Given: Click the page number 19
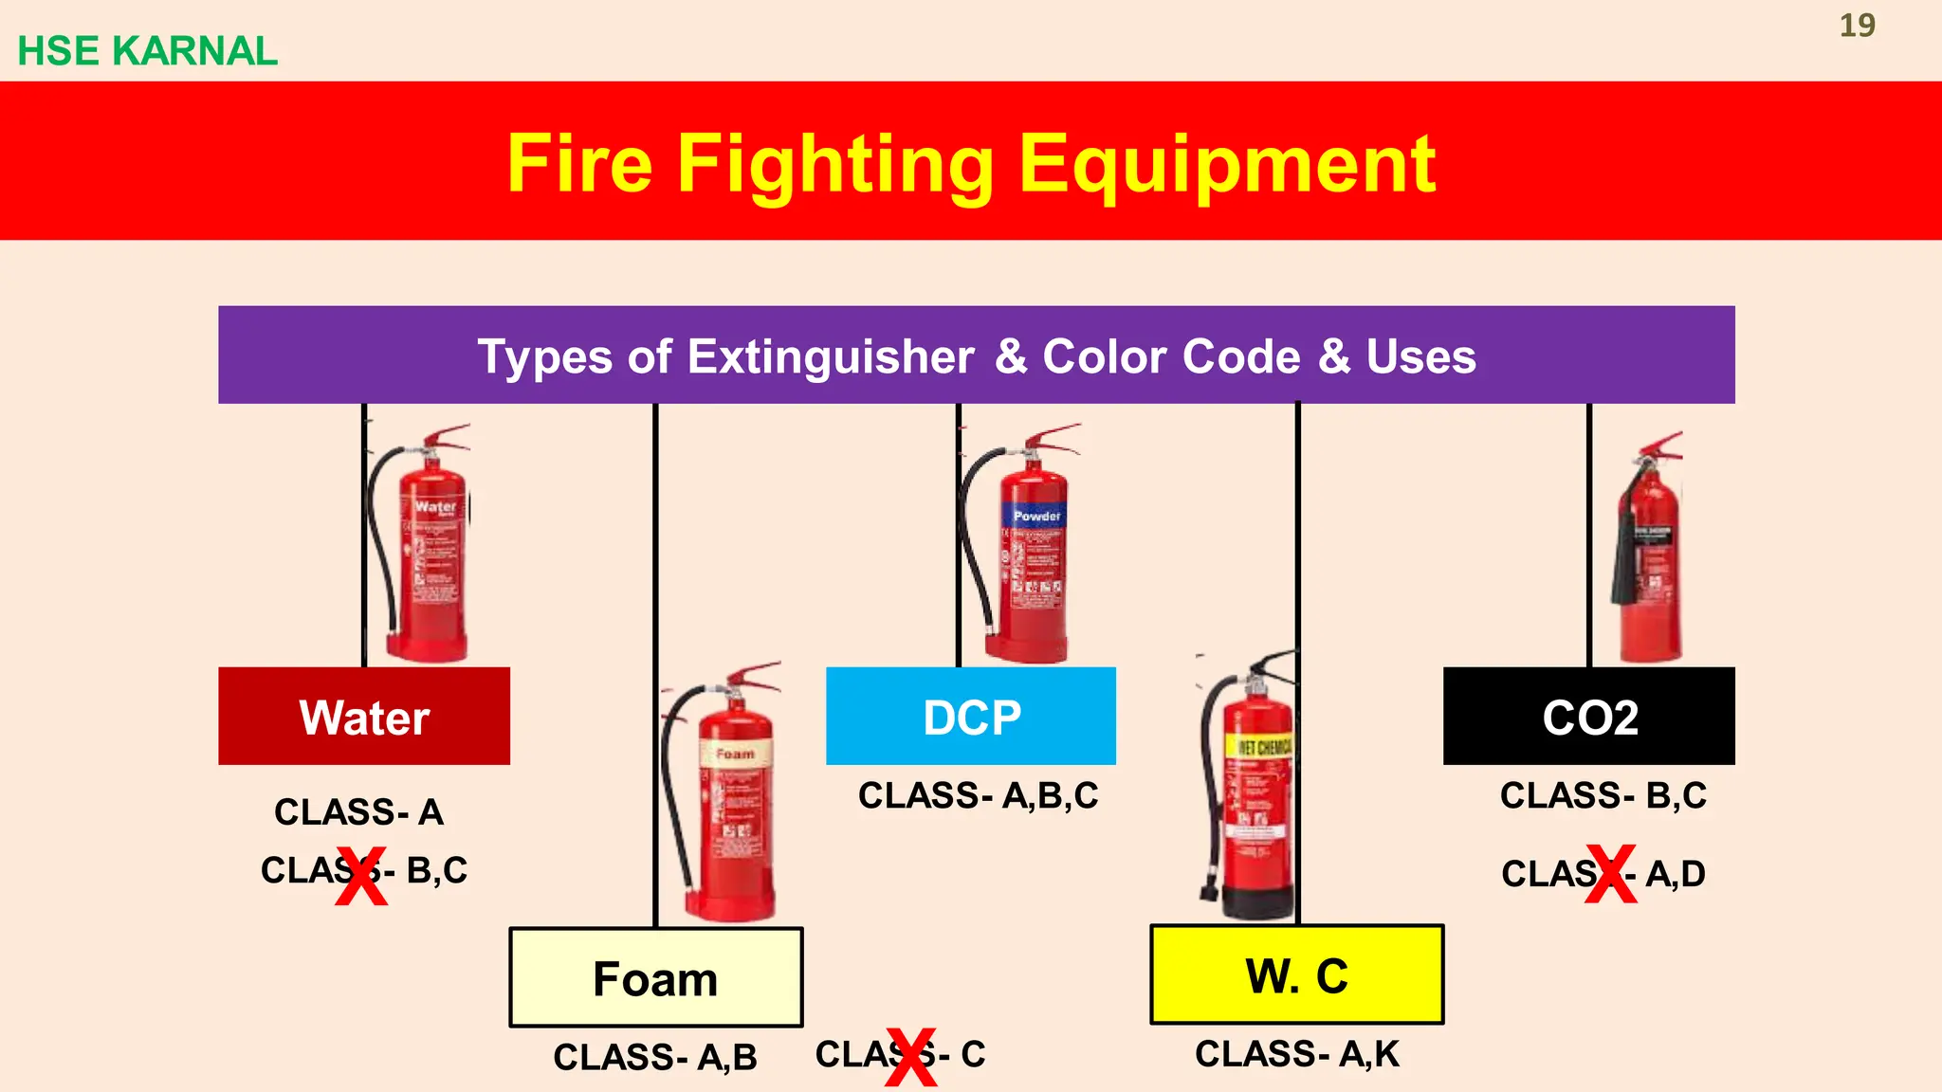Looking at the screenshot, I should click(x=1857, y=26).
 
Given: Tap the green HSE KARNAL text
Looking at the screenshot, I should click(x=148, y=51).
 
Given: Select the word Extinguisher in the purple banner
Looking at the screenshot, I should click(x=830, y=356).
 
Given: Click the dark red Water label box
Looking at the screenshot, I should click(x=364, y=717).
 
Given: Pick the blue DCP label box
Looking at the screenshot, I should click(x=971, y=717).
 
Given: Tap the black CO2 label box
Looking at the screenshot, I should click(x=1589, y=717).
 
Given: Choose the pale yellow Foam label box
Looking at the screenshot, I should click(x=655, y=978).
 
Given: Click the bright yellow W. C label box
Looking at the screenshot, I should click(x=1296, y=975).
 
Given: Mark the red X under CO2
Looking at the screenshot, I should click(x=1611, y=874).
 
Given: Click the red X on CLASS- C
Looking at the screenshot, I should click(x=911, y=1057).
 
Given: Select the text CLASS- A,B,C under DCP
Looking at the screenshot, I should click(x=978, y=796).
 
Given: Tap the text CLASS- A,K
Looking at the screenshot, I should click(x=1296, y=1054).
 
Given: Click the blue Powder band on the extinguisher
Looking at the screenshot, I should click(x=1035, y=517).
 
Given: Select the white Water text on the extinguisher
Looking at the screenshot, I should click(x=435, y=507).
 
